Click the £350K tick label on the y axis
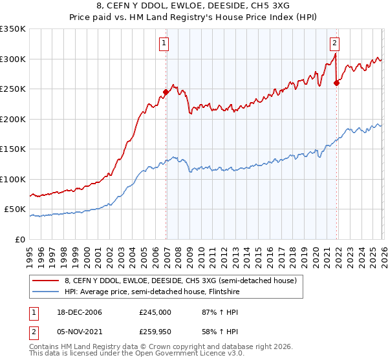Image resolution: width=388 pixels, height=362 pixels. coord(13,29)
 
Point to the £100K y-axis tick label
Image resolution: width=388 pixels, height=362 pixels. coord(13,179)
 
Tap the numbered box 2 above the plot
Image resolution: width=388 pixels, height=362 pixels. coord(335,44)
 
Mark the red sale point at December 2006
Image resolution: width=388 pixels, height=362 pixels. coord(166,92)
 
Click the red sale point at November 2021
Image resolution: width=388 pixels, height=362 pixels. coord(336,83)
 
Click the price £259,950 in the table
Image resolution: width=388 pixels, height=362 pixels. coord(155,332)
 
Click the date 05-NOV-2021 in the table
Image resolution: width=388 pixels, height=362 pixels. coord(79,332)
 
